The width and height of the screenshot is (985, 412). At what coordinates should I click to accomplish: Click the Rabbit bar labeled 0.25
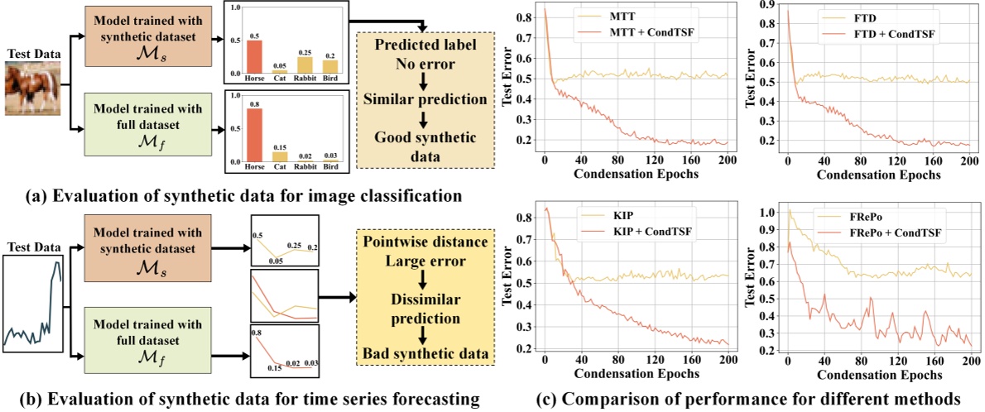tap(305, 65)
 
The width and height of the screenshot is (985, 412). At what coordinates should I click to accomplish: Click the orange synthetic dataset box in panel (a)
tap(144, 40)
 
